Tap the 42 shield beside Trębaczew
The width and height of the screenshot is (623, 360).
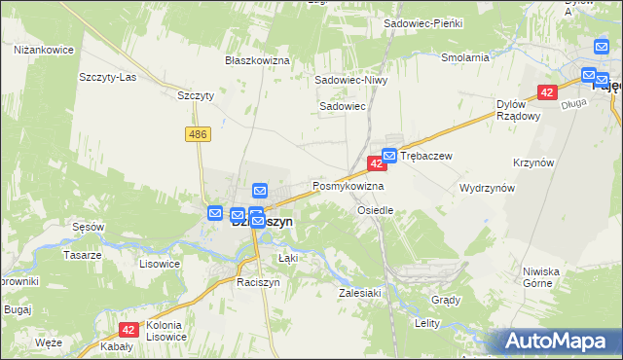coord(375,164)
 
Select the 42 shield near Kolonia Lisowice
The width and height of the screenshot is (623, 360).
coord(128,330)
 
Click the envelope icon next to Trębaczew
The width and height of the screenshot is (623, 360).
coord(389,155)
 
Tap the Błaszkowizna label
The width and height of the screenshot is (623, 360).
coord(258,60)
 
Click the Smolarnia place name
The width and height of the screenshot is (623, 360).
coord(464,57)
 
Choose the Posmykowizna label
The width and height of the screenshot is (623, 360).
coord(348,185)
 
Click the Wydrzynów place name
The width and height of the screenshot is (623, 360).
coord(487,188)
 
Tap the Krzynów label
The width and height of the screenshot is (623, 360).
coord(561,163)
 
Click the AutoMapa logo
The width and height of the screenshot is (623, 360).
coord(558,342)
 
